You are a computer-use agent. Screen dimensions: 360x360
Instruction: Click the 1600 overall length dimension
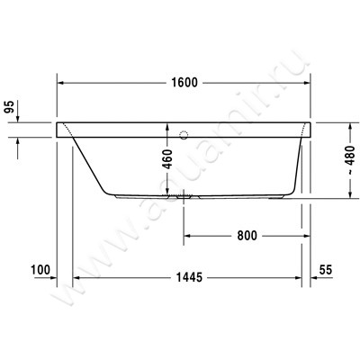click(x=184, y=82)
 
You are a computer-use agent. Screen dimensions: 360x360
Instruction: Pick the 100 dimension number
click(x=39, y=270)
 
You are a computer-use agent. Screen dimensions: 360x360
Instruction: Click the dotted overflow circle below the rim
click(x=185, y=137)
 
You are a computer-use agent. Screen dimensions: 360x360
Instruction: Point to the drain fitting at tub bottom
click(x=184, y=195)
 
